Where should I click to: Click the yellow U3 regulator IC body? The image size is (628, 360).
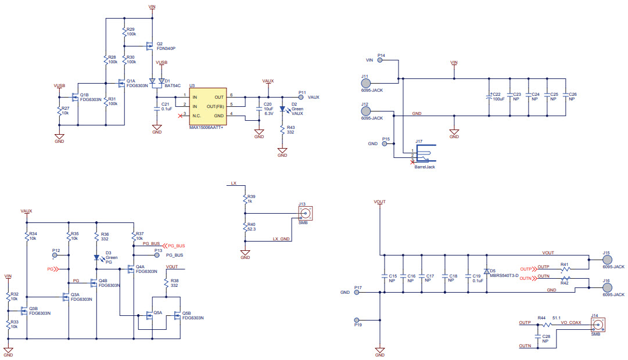[209, 106]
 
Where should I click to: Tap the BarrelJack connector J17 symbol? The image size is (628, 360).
[424, 154]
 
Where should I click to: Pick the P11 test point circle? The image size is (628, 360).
[300, 98]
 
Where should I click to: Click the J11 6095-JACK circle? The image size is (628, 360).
[365, 80]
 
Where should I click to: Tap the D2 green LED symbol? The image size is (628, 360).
[282, 109]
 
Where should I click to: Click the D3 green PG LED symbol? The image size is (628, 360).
[96, 257]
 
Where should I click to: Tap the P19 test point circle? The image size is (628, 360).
[357, 320]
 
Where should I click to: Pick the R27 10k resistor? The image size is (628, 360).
[60, 111]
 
